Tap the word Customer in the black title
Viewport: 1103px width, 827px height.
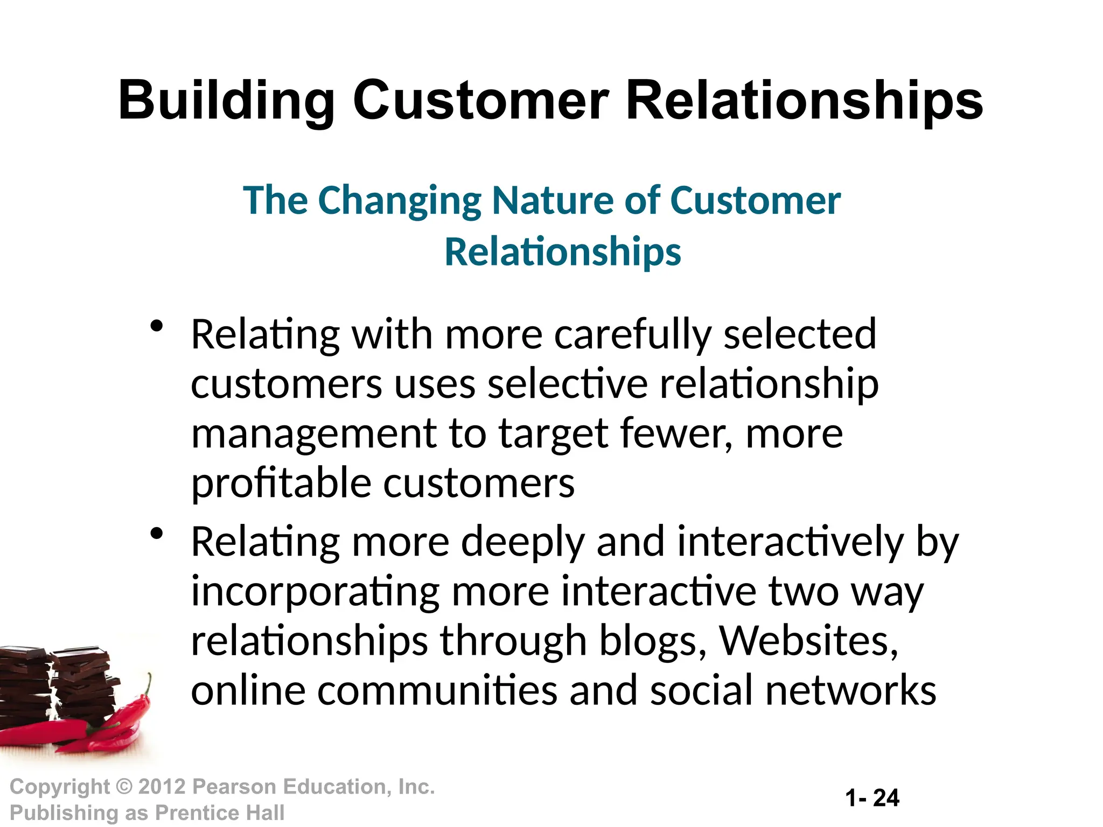(x=480, y=101)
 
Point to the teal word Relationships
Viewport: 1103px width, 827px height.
(x=562, y=252)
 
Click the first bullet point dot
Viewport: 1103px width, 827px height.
(x=157, y=326)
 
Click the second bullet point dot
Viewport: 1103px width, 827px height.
(x=157, y=534)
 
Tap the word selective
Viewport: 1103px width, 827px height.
(x=567, y=384)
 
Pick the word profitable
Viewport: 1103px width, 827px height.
(x=281, y=483)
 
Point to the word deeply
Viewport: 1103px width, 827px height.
(x=522, y=542)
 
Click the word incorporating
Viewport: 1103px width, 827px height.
(x=316, y=592)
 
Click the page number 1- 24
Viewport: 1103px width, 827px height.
(x=872, y=798)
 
